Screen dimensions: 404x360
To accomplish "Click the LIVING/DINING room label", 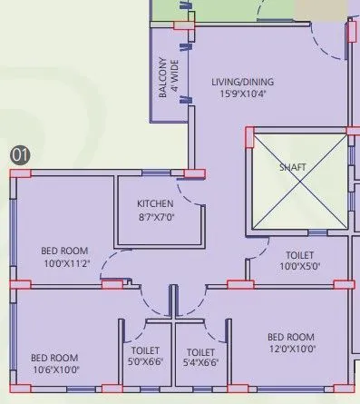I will click(x=242, y=82).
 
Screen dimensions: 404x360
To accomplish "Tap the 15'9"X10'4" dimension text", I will click(x=242, y=94).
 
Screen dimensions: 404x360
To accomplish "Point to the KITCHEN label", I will click(x=155, y=203).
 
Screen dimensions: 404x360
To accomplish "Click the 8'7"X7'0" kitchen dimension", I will click(x=155, y=217).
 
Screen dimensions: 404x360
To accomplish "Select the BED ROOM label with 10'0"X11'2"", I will click(x=63, y=251).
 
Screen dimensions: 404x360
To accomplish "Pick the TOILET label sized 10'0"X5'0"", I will click(x=300, y=255).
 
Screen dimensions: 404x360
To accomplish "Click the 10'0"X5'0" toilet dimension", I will click(x=300, y=268).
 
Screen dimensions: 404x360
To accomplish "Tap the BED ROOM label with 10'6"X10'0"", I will click(x=54, y=358).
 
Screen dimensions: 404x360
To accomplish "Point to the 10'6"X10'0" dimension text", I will click(x=54, y=370).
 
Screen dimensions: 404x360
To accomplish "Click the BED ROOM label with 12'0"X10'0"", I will click(x=290, y=333).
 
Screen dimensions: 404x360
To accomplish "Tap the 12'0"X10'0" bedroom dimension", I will click(x=290, y=347).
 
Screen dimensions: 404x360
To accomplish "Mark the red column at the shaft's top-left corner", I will click(x=249, y=138).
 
